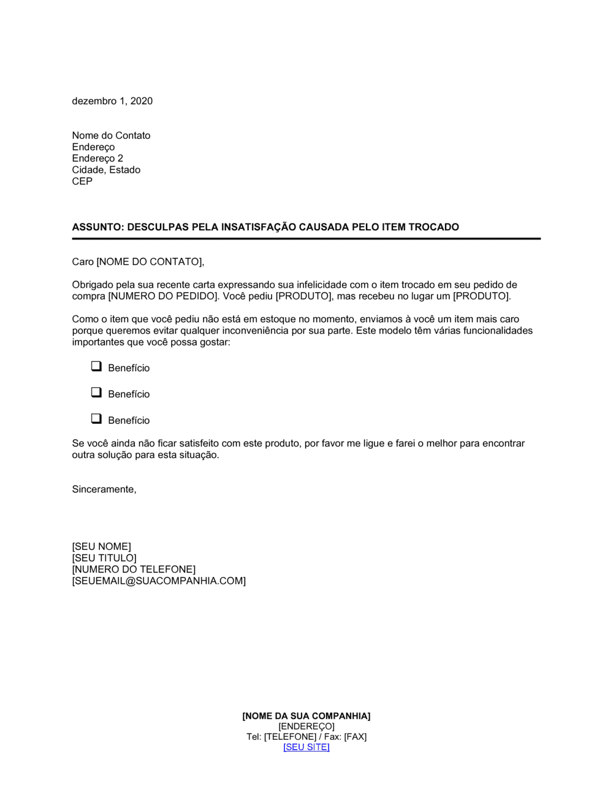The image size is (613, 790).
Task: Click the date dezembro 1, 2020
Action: (112, 101)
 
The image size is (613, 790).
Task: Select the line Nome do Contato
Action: (111, 135)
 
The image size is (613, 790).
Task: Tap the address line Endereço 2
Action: (97, 158)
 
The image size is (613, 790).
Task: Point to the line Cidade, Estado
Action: (106, 170)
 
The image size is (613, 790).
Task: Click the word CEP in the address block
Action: (82, 181)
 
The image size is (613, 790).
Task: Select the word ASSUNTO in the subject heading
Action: (97, 227)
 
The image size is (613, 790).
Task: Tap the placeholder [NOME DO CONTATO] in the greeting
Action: (149, 262)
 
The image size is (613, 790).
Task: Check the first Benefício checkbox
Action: (96, 366)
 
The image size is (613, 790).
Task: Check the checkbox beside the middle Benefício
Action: (96, 393)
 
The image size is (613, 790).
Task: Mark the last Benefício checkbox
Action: (96, 419)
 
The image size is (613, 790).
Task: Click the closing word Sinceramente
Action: (104, 489)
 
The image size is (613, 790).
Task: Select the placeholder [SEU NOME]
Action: (101, 546)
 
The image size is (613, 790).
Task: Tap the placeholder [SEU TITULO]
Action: (104, 558)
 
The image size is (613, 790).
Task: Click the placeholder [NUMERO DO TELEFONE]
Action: (134, 570)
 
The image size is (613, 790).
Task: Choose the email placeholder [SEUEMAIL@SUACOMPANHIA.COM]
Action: (159, 581)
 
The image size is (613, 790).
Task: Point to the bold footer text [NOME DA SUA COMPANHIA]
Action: (306, 716)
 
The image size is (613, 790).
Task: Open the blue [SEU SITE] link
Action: (306, 747)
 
